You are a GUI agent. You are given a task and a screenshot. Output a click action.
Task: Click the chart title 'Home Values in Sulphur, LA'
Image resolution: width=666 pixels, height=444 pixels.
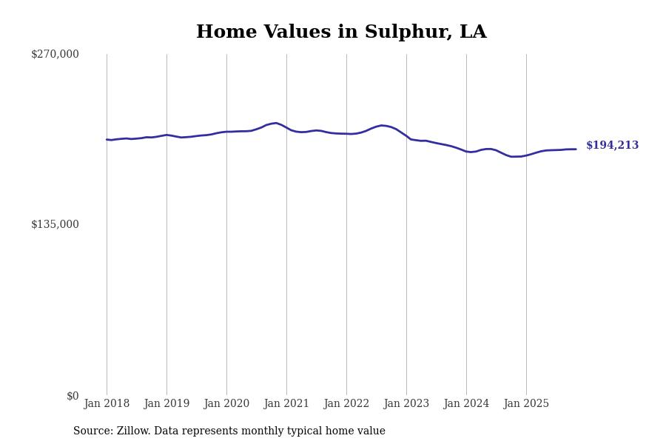(341, 33)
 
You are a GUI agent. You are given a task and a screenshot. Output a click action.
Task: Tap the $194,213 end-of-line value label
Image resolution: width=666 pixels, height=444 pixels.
(612, 146)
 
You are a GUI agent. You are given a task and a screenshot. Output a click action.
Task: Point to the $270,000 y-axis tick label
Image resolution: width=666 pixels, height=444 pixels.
(55, 54)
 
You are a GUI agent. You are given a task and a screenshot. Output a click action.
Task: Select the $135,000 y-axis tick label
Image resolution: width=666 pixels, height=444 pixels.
(55, 224)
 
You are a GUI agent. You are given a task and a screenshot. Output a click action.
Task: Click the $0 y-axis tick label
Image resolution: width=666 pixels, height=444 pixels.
(73, 396)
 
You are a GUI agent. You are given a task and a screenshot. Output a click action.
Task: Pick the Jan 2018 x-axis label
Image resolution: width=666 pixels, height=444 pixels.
(107, 404)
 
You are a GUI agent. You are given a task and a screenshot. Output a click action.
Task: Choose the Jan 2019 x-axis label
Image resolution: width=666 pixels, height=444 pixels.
(166, 404)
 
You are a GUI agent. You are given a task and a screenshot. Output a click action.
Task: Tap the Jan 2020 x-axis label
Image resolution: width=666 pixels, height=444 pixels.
(226, 404)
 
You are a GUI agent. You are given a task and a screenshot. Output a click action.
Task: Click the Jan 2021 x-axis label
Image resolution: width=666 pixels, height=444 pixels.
(286, 404)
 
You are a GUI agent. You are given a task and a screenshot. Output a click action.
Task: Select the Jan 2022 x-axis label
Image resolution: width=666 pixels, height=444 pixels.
(346, 404)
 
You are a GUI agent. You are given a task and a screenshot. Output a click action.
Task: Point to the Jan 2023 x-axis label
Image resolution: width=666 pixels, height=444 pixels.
(406, 404)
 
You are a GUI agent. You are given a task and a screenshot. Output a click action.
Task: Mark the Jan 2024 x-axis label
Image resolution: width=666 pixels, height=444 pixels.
(466, 404)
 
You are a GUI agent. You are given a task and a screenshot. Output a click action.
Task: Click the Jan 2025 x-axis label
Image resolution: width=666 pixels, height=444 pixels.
(526, 404)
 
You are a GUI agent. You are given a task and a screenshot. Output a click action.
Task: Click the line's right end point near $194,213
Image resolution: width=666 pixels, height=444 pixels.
(576, 149)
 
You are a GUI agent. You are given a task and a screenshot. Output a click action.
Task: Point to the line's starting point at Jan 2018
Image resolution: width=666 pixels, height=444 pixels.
(107, 139)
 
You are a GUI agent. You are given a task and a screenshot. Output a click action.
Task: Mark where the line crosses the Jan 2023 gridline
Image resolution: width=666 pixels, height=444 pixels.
(406, 136)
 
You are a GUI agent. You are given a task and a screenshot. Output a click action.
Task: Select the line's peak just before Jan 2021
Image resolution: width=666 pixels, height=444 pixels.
(275, 123)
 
